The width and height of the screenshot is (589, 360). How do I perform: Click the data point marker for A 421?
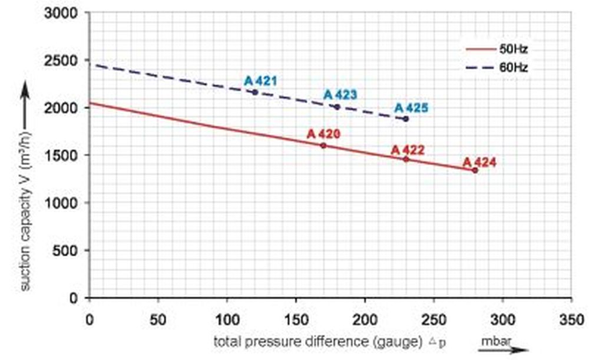[255, 93]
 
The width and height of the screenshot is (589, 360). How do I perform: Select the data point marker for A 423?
[337, 107]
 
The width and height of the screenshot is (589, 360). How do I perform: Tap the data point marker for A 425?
[406, 119]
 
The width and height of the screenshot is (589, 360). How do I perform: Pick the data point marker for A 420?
[323, 146]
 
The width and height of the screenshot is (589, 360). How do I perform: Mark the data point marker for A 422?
[406, 159]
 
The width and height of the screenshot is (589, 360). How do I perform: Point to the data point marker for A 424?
[475, 170]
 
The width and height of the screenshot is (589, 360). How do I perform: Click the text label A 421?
[260, 81]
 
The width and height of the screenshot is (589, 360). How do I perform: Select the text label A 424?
[479, 161]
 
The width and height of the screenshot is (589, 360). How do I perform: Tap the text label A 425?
[411, 108]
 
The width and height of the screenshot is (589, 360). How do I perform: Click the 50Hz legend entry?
[496, 49]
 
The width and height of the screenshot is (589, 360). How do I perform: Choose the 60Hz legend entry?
[496, 68]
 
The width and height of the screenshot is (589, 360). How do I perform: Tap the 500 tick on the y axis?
[68, 250]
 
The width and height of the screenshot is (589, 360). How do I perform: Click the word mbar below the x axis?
[495, 340]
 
